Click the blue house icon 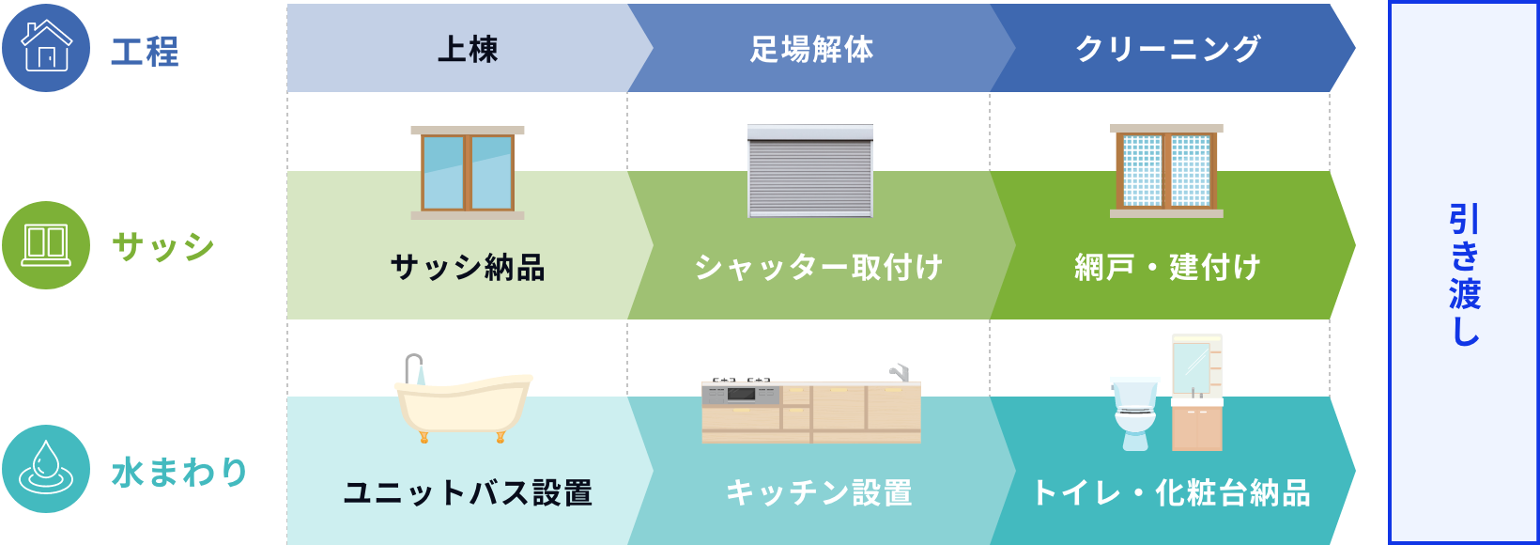[x=46, y=47]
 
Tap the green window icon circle [x=46, y=244]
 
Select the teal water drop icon [x=46, y=469]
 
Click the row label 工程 [x=145, y=51]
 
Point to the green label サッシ [x=163, y=247]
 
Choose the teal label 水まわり [x=179, y=472]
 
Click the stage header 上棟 [x=468, y=49]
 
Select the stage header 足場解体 [x=811, y=49]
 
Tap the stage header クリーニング [x=1167, y=49]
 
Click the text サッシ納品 [x=468, y=268]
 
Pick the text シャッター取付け [x=818, y=268]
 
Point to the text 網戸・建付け [x=1167, y=268]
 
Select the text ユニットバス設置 [x=468, y=492]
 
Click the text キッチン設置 [x=818, y=492]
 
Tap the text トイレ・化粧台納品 [x=1170, y=492]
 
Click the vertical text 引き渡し [x=1464, y=274]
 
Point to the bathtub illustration [x=462, y=399]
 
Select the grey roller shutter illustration [x=810, y=171]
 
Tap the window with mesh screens [x=1166, y=171]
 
